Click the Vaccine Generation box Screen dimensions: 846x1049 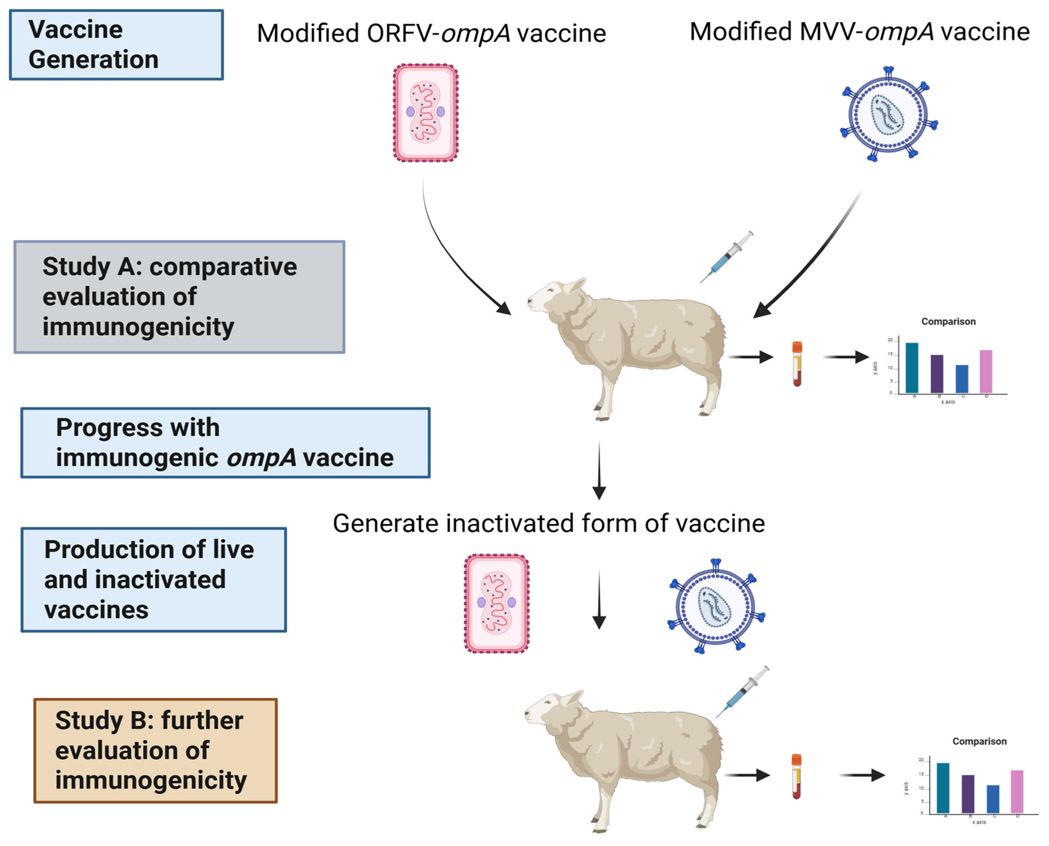[116, 44]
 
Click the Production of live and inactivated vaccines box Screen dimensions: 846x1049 [153, 579]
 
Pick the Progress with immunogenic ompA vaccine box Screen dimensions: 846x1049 [225, 443]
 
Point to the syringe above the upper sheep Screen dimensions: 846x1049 [727, 256]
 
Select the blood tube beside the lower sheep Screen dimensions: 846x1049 [796, 777]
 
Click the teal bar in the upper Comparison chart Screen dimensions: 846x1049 [912, 367]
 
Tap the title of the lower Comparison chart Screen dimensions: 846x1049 [979, 741]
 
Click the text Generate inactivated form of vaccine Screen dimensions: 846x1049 [549, 523]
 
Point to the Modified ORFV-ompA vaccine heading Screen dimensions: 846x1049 [431, 33]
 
